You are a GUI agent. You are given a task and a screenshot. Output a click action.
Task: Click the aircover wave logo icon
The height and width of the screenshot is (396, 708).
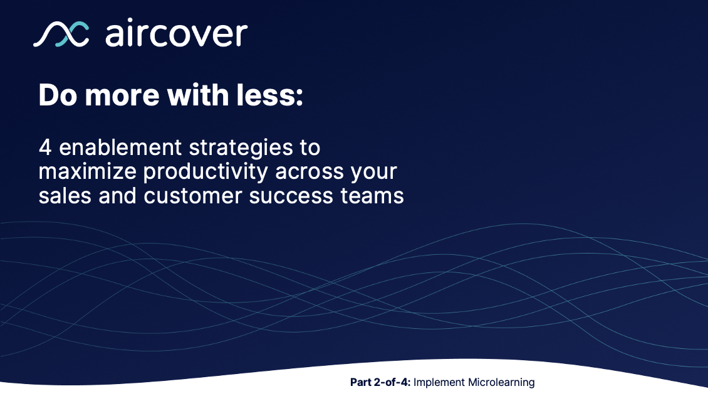click(x=61, y=34)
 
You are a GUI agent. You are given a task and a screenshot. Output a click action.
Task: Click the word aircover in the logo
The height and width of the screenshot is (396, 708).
click(x=176, y=34)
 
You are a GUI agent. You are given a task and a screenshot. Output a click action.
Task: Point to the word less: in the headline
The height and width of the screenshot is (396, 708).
click(x=271, y=95)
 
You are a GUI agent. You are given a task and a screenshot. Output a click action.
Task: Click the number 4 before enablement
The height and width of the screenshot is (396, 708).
click(x=44, y=148)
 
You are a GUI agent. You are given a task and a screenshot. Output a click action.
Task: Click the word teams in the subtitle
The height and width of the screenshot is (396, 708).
click(x=373, y=196)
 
